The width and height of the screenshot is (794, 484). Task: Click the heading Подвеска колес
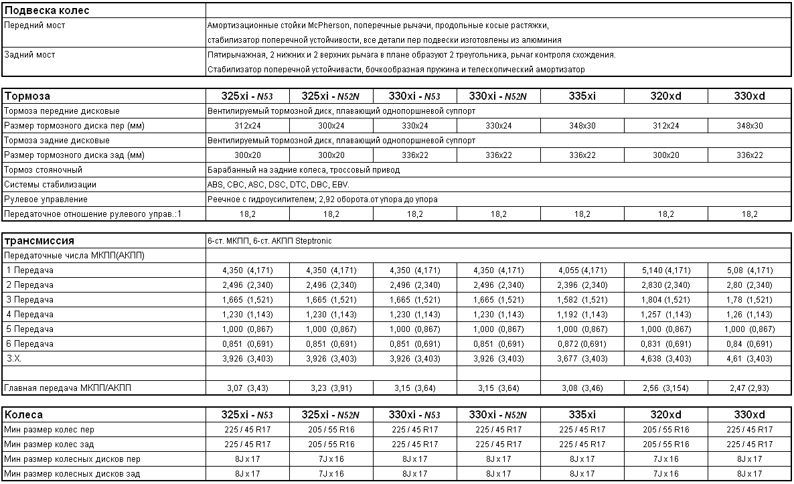(47, 11)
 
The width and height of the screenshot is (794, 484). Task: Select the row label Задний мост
(30, 55)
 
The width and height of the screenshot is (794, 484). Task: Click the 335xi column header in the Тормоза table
(582, 96)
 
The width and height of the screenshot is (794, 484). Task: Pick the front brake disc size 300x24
(331, 126)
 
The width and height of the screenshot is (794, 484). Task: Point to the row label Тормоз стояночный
(43, 170)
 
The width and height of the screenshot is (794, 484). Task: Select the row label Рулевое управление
(46, 199)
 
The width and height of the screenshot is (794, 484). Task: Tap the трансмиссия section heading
(39, 241)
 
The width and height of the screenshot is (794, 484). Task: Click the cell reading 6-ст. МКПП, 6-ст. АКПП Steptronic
(269, 241)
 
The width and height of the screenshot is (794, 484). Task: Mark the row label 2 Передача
(29, 285)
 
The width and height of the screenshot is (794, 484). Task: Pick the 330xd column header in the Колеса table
(749, 415)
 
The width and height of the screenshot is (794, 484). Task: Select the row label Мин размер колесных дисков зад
(72, 474)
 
